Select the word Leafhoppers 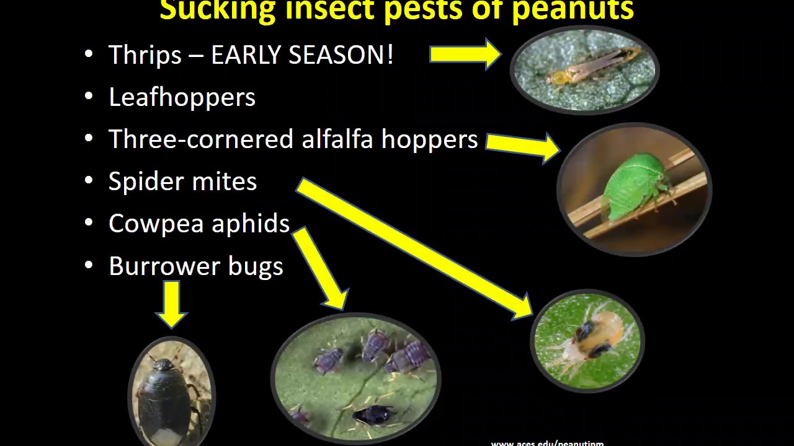[182, 98]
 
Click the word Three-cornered [201, 139]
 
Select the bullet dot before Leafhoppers [89, 97]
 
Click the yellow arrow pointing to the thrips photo [465, 55]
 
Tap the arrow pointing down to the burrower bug [172, 304]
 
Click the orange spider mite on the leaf [595, 334]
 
